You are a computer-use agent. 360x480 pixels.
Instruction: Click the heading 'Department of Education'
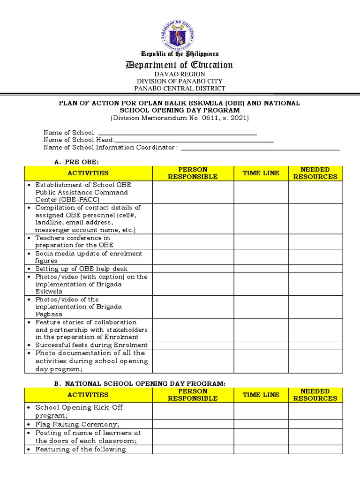pos(180,65)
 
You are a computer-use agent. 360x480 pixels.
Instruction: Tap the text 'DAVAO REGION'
pos(180,74)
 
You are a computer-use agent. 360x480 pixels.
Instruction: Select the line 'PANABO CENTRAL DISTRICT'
pos(180,88)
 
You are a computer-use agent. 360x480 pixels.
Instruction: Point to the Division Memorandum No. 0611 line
pos(180,118)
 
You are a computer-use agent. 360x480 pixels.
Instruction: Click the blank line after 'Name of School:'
pos(177,133)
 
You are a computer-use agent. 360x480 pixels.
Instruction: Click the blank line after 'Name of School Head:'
pos(194,140)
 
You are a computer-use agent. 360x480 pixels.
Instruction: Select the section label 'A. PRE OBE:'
pos(74,162)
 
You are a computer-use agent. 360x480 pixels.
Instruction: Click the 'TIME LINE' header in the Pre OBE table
pos(261,173)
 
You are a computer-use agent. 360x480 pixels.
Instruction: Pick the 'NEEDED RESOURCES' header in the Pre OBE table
pos(315,173)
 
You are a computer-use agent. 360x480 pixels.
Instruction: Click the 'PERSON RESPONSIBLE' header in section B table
pos(193,395)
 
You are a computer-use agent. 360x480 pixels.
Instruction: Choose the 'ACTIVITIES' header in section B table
pos(88,395)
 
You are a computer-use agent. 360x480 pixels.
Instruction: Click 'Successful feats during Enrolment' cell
pos(91,345)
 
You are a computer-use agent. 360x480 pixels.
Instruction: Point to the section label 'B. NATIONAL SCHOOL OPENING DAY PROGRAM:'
pos(140,383)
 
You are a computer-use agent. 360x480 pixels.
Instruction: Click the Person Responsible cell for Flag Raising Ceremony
pos(193,424)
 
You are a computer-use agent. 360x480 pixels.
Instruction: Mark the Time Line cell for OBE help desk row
pos(261,269)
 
